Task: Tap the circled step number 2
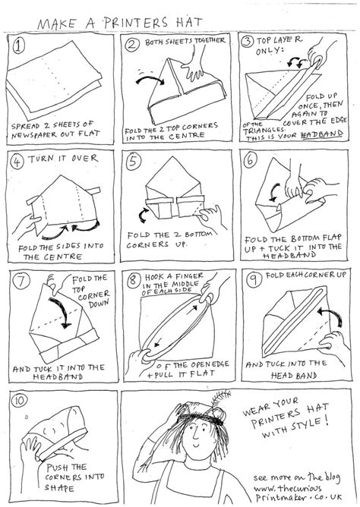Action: [134, 45]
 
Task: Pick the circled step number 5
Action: [134, 162]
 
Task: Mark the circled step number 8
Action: [134, 279]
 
